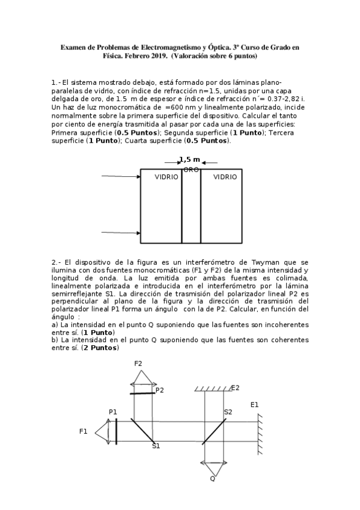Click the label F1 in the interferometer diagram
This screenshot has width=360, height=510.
[x=84, y=431]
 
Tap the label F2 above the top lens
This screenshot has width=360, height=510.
[x=138, y=363]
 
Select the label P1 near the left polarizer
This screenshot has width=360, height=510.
[x=113, y=411]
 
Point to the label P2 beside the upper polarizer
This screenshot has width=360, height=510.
[x=159, y=390]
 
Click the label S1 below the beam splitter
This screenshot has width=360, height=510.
[x=156, y=446]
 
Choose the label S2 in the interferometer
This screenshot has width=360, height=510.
[x=228, y=412]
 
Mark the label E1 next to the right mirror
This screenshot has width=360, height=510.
[x=255, y=405]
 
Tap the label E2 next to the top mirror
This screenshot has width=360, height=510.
[x=235, y=388]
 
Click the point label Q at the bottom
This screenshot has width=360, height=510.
[x=212, y=479]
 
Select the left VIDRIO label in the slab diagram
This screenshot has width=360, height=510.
[x=166, y=177]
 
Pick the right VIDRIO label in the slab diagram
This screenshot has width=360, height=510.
[x=225, y=177]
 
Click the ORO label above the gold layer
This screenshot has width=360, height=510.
[x=191, y=170]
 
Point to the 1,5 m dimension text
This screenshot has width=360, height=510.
[x=189, y=159]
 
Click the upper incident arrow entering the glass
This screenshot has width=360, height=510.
[x=121, y=176]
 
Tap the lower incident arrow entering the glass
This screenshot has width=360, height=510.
[x=121, y=232]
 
